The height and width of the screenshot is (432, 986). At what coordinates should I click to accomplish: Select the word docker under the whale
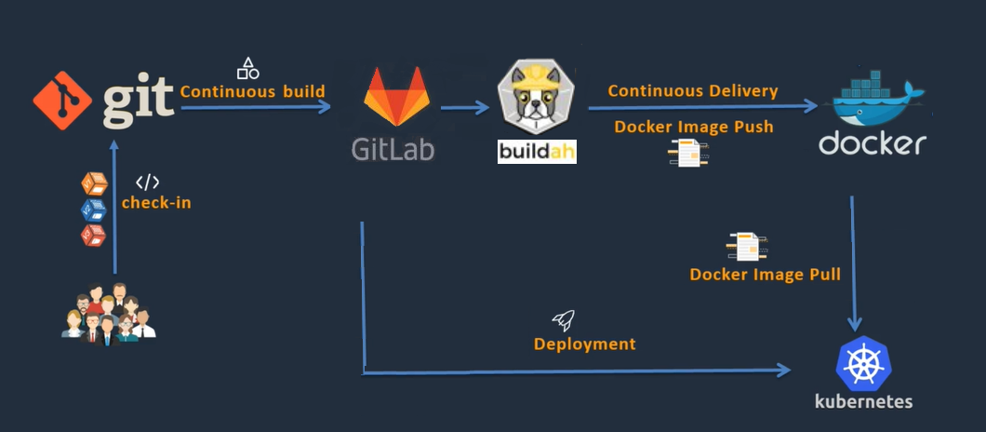[873, 143]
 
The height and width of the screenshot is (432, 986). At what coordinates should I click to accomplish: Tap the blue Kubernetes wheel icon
[864, 364]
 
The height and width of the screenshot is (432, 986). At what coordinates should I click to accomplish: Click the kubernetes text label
[863, 402]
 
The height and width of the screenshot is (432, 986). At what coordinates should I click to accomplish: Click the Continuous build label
[252, 91]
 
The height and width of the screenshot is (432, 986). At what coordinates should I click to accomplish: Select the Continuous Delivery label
[693, 90]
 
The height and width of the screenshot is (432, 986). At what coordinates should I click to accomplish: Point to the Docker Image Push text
[693, 127]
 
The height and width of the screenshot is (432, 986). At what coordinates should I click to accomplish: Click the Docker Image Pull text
[765, 275]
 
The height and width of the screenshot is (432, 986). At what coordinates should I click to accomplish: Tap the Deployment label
[584, 344]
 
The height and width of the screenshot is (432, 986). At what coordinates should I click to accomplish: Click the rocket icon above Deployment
[564, 320]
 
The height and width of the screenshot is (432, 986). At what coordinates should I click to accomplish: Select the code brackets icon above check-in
[147, 182]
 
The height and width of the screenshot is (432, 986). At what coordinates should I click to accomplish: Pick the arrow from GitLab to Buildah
[464, 107]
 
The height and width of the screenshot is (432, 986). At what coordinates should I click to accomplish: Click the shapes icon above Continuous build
[247, 68]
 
